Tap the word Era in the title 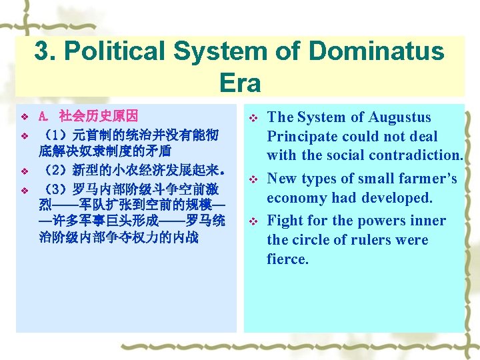(x=239, y=83)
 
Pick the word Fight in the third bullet (x=284, y=221)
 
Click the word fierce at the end (x=287, y=259)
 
